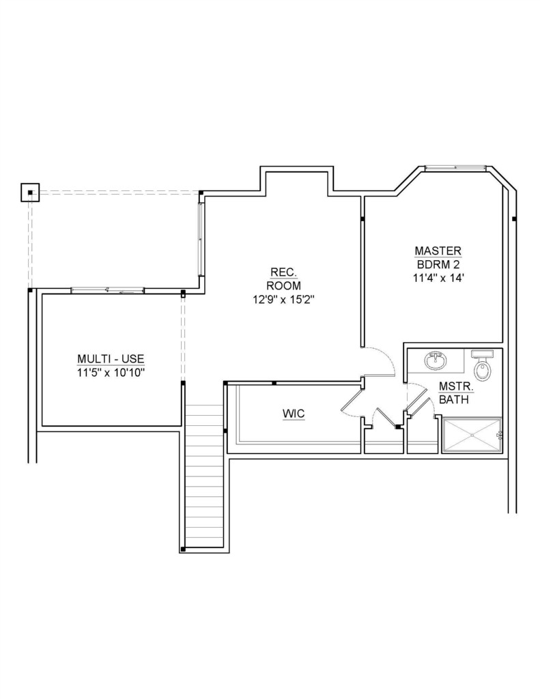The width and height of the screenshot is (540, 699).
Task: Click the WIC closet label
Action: pos(294,414)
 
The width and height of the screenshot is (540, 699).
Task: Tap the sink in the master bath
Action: pos(436,360)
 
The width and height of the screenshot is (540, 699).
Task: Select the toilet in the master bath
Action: pos(481,365)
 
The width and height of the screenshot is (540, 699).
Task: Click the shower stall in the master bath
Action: pos(472,435)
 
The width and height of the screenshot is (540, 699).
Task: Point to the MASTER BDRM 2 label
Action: pos(438,257)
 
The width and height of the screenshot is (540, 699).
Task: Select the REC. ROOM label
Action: pos(283,279)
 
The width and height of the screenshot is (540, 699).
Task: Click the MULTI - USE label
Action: pos(111,359)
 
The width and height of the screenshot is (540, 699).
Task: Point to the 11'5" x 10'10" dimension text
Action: pos(111,373)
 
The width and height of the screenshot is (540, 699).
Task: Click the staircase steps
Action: pos(204,476)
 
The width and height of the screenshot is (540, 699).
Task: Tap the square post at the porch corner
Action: pos(30,192)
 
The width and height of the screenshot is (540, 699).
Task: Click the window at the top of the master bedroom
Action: pos(455,168)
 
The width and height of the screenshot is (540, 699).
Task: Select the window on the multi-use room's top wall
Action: pos(107,290)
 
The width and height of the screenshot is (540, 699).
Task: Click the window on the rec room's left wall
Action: pos(201,239)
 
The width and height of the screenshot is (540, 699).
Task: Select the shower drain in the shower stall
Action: pos(472,435)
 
